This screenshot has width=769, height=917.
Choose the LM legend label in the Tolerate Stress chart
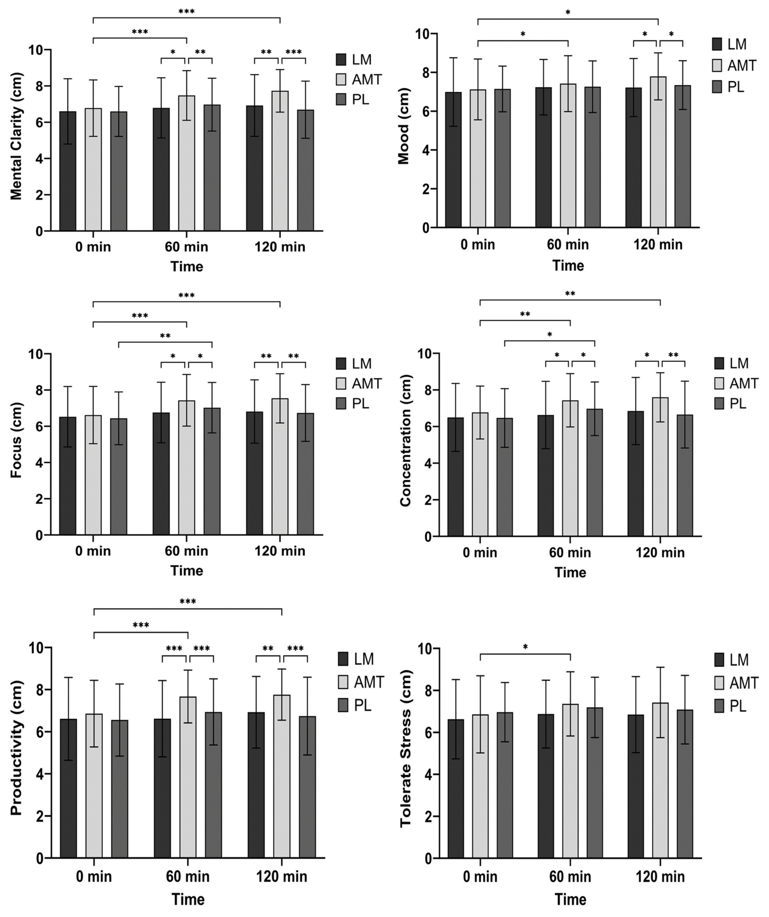point(739,660)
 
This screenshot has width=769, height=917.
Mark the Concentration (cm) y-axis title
point(406,441)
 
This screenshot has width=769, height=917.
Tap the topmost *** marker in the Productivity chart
point(188,602)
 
